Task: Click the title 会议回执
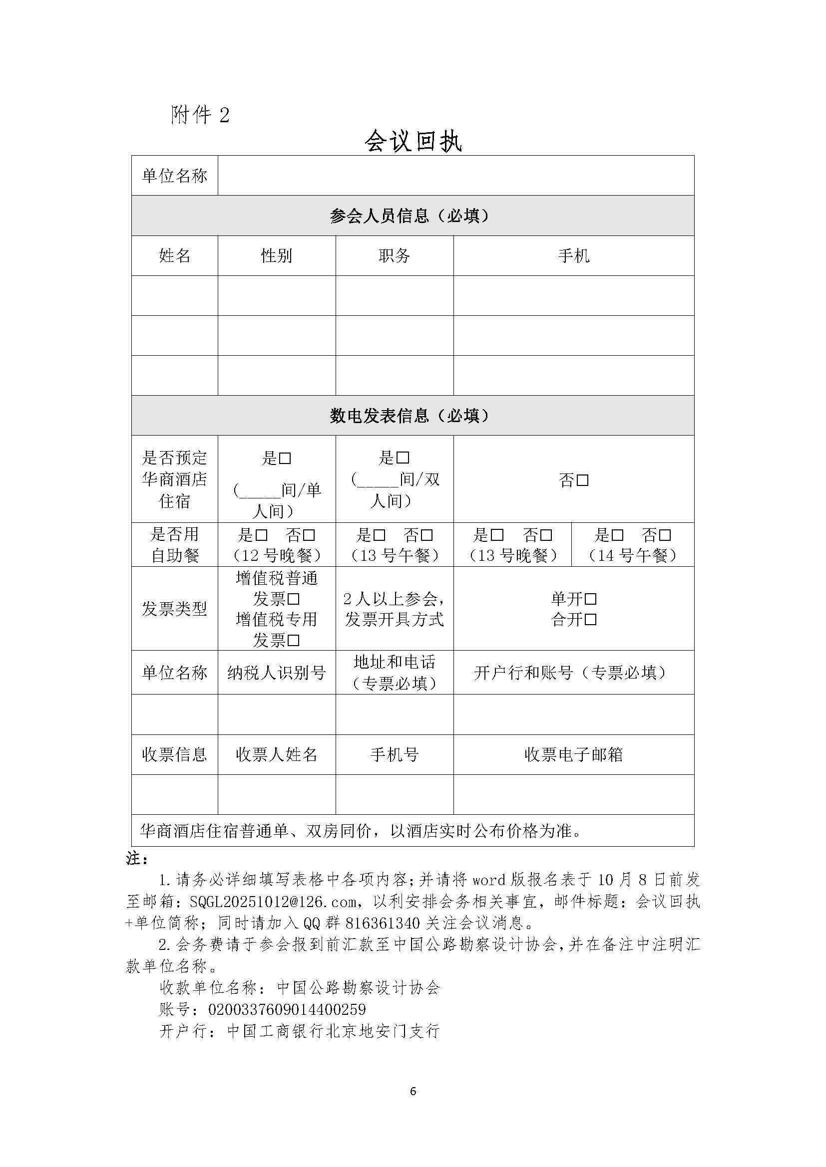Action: tap(413, 141)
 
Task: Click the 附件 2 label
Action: tap(200, 115)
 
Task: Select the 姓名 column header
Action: tap(174, 255)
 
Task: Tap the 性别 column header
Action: tap(276, 255)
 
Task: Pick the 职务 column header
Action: tap(394, 255)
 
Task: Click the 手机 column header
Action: tap(573, 255)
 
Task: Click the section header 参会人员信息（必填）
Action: tap(413, 216)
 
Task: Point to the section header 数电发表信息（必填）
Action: tap(413, 416)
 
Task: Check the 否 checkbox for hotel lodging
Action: tap(583, 480)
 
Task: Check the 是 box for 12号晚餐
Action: tap(261, 535)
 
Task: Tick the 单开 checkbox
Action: tap(590, 599)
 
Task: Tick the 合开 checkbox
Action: tap(590, 620)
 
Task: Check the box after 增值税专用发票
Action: tap(294, 641)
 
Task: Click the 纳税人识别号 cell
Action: tap(276, 673)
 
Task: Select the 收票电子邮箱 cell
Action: tap(573, 755)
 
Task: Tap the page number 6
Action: tap(413, 1091)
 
